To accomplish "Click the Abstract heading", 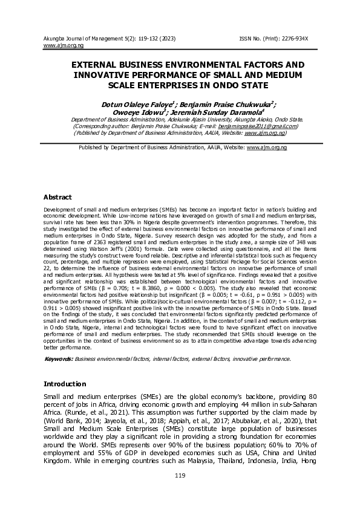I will (57, 197).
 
